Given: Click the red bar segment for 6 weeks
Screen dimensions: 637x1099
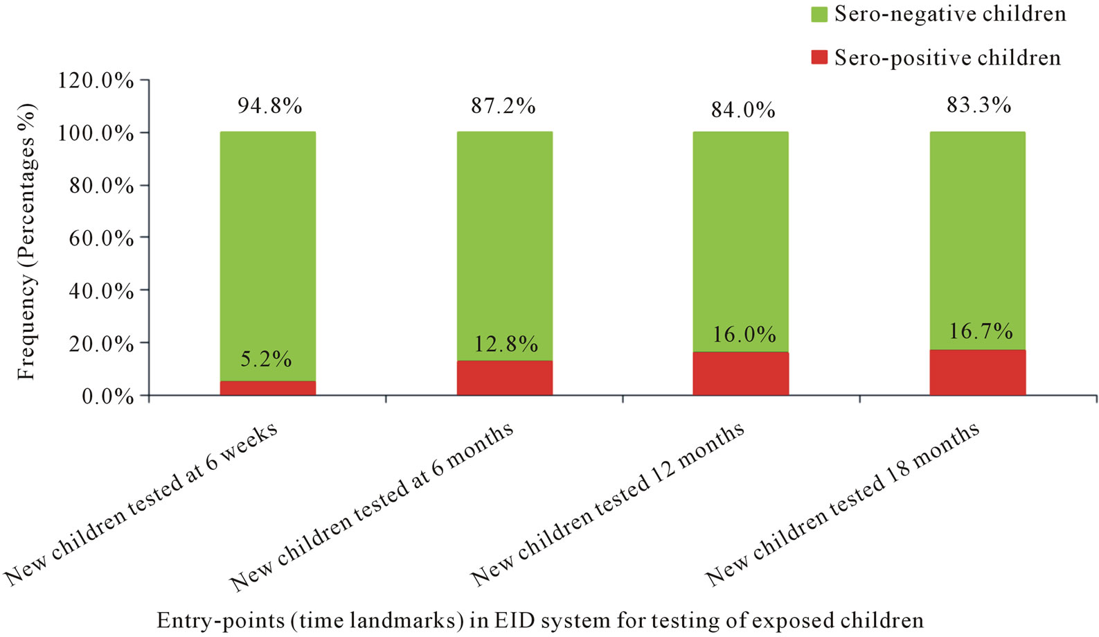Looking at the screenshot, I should click(x=267, y=388).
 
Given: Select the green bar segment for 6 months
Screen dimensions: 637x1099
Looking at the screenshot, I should click(x=504, y=243).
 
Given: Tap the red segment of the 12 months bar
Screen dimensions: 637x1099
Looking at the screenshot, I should click(x=740, y=374).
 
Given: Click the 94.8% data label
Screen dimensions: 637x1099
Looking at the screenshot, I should click(x=269, y=106).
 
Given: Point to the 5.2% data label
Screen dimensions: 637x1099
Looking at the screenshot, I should click(x=266, y=359).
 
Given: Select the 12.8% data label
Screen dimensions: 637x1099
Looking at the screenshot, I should click(x=506, y=344).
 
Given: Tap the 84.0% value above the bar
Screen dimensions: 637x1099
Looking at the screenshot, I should click(x=742, y=110).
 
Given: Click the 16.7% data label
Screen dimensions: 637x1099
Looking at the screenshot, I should click(x=980, y=331).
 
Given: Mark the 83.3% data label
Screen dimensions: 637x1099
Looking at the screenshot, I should click(x=979, y=105).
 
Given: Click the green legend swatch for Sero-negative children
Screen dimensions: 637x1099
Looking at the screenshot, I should click(x=819, y=14).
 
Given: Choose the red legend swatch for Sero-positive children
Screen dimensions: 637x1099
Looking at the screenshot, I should click(x=819, y=58).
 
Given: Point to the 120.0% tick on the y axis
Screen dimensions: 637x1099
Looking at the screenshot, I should click(x=96, y=80).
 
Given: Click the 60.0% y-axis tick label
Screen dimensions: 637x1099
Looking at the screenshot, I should click(x=101, y=238).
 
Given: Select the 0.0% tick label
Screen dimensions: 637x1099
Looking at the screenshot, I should click(x=107, y=396).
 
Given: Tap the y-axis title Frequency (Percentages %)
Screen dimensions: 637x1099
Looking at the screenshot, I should click(x=26, y=241).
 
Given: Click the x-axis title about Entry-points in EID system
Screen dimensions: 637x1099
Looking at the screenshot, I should click(x=540, y=620).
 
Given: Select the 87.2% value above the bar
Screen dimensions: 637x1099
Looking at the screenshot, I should click(x=503, y=106).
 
